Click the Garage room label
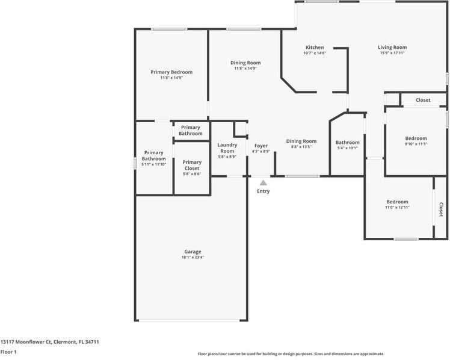[x=193, y=252]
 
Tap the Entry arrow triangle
[x=263, y=182]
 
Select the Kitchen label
[x=315, y=48]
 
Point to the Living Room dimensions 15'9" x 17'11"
[x=392, y=53]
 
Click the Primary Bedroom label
[x=171, y=72]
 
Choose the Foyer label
[x=261, y=146]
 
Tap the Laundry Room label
[x=227, y=147]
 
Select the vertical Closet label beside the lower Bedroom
[x=441, y=209]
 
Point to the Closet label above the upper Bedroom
[x=423, y=100]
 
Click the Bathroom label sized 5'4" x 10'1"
[x=347, y=143]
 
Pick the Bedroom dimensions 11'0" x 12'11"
[x=397, y=207]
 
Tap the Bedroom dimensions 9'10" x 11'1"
[x=416, y=144]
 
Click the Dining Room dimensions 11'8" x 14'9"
[x=245, y=68]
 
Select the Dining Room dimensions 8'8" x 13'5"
[x=301, y=147]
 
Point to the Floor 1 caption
[x=8, y=352]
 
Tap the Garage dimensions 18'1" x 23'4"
[x=193, y=257]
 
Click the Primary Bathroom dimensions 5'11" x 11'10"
[x=153, y=164]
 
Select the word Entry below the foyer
[x=263, y=191]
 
